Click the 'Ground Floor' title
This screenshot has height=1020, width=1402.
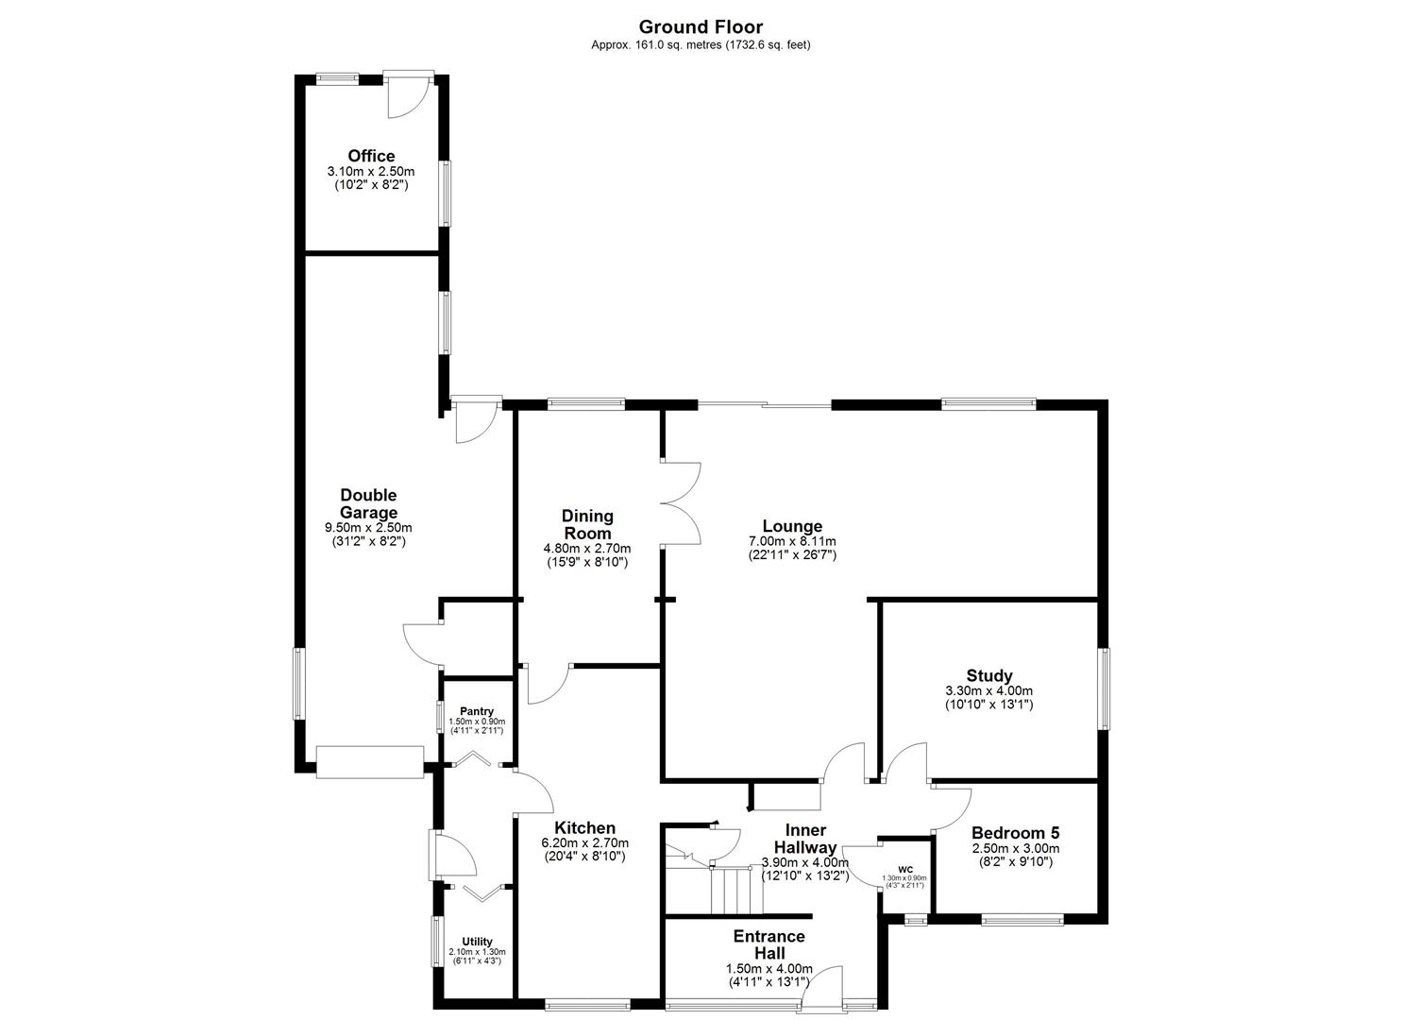point(701,27)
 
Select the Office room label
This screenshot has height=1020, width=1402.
point(371,156)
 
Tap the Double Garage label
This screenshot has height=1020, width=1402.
point(368,503)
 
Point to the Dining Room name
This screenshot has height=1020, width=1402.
point(587,524)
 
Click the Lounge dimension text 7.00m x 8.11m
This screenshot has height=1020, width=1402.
point(792,541)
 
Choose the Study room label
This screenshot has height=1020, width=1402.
point(989,675)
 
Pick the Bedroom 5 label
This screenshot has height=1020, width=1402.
point(1015,833)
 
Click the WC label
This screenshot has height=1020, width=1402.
point(905,869)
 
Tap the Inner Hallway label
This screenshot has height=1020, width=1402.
point(804,839)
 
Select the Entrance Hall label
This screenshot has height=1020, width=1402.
point(769,944)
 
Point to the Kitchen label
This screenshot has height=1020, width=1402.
point(584,828)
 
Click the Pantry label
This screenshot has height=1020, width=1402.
point(477,711)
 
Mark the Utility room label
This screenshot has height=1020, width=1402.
point(478,942)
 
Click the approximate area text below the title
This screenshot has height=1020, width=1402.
point(701,44)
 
